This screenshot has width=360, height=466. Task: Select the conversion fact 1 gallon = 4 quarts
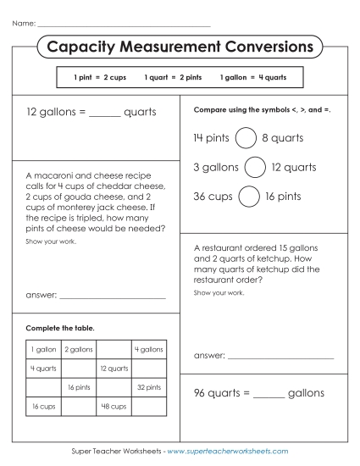pos(253,77)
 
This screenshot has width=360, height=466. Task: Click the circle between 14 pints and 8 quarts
pos(246,137)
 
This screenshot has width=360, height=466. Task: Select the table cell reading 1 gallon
pos(43,349)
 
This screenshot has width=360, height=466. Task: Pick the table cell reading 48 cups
pos(114,407)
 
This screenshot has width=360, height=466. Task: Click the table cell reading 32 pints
pos(149,387)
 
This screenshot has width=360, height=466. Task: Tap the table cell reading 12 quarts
pos(114,369)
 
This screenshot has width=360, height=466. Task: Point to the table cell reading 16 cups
pos(43,407)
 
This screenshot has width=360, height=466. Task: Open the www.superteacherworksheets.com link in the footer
pos(228,452)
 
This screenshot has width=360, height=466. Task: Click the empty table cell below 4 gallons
pos(149,369)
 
